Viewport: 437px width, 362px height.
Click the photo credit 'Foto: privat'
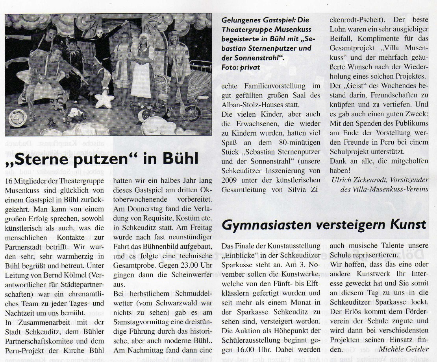pyautogui.click(x=241, y=67)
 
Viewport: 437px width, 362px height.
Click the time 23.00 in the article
pyautogui.click(x=180, y=265)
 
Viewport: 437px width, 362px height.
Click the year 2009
pyautogui.click(x=229, y=180)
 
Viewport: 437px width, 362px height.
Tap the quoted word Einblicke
pyautogui.click(x=242, y=255)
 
